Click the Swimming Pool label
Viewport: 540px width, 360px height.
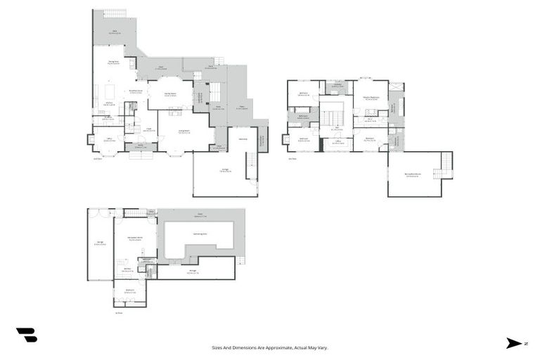[x=200, y=233]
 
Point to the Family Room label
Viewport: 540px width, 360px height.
[x=169, y=94]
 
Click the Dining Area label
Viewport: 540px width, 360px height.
[x=112, y=62]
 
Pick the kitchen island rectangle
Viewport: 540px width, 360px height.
[x=109, y=92]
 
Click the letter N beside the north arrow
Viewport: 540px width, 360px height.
[x=525, y=343]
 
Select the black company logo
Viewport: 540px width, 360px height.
[x=26, y=335]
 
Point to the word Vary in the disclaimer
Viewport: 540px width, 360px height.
[x=323, y=347]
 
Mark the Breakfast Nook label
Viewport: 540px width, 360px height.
[x=136, y=91]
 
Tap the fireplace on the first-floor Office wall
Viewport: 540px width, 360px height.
[x=89, y=139]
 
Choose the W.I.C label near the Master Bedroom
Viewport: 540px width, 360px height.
[x=369, y=120]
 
